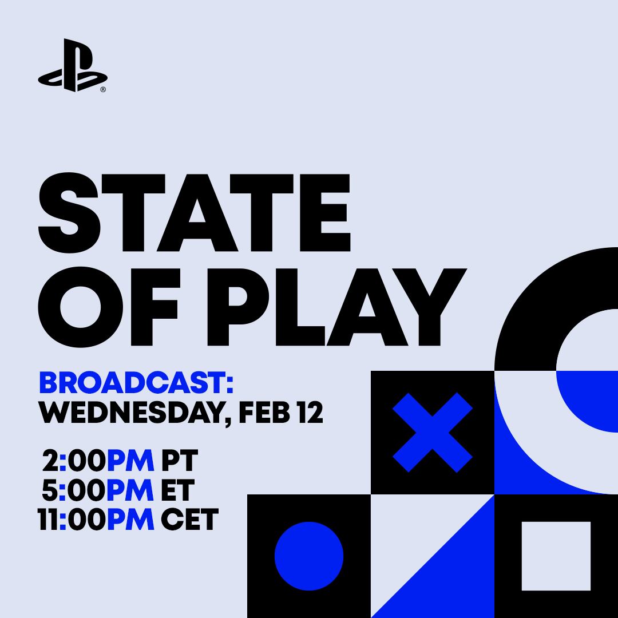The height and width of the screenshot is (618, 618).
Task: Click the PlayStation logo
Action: click(72, 65)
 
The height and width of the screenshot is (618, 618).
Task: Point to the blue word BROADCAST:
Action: click(136, 383)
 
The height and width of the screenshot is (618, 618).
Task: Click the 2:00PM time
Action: click(98, 461)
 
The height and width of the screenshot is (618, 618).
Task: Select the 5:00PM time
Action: click(98, 490)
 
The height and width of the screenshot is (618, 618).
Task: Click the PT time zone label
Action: click(180, 461)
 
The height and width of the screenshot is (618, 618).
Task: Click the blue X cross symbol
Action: click(433, 433)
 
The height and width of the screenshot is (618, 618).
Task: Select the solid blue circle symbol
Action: click(309, 556)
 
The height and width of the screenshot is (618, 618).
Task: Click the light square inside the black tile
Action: click(556, 556)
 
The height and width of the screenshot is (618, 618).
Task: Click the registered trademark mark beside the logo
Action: click(103, 90)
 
